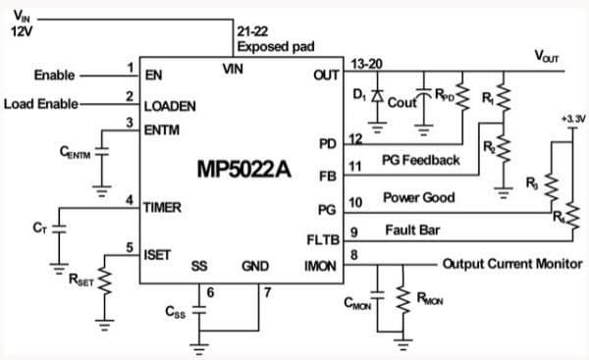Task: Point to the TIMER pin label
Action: [163, 208]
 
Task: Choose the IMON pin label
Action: [321, 266]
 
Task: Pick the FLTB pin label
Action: [323, 239]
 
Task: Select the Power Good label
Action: [419, 198]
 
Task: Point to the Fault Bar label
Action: [409, 231]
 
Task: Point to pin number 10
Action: [356, 201]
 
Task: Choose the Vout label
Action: [546, 57]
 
